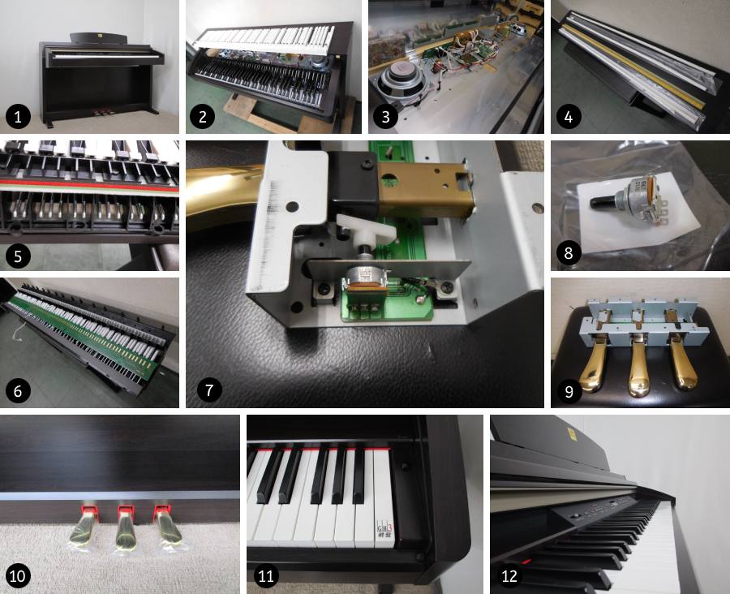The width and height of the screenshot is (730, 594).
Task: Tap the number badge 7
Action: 208,390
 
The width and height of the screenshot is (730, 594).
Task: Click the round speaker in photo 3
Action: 396,84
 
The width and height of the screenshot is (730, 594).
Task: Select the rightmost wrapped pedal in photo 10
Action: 170,528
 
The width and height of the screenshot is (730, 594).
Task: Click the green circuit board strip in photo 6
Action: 89,333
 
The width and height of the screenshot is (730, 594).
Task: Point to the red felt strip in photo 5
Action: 89,184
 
